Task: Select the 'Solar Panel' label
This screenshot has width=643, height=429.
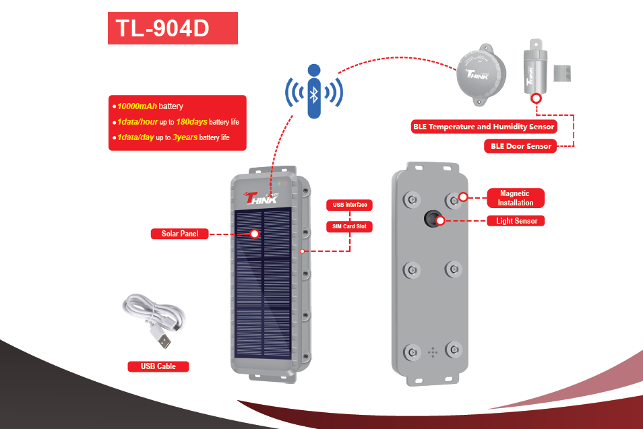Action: point(179,234)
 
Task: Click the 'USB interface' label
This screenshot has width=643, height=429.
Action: point(349,205)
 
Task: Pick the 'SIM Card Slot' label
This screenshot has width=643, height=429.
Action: point(349,226)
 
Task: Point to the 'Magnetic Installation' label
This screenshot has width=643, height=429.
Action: point(516,198)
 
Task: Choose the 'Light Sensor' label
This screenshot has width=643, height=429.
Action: point(516,221)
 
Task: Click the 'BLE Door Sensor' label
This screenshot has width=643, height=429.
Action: point(520,146)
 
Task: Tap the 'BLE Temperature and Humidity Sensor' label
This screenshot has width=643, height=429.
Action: point(484,127)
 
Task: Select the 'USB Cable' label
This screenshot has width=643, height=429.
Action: point(158,366)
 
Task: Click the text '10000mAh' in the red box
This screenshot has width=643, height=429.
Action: point(137,106)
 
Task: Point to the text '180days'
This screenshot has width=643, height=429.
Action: point(191,122)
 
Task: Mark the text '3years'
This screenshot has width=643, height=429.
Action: point(185,137)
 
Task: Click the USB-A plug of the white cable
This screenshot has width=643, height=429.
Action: point(162,337)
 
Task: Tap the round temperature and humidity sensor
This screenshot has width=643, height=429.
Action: point(481,75)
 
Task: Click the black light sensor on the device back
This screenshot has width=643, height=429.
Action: point(432,218)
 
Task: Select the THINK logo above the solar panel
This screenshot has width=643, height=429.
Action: point(262,198)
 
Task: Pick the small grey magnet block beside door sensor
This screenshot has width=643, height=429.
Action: point(562,73)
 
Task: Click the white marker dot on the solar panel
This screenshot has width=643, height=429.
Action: point(254,234)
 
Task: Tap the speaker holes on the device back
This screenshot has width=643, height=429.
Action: point(433,352)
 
